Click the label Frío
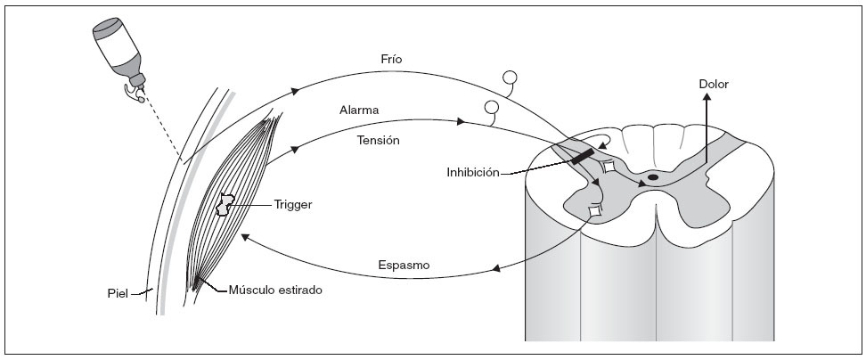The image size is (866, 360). pos(391,60)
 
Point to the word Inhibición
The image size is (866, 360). pos(473,170)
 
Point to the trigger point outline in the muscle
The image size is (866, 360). pos(227,206)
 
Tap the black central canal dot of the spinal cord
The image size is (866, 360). pos(653,177)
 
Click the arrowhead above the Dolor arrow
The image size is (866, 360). pos(707,100)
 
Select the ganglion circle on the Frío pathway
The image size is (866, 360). pos(511,78)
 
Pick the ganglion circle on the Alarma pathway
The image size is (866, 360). pos(491,108)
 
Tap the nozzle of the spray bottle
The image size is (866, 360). pos(137,90)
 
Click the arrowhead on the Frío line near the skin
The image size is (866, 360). pos(296,91)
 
